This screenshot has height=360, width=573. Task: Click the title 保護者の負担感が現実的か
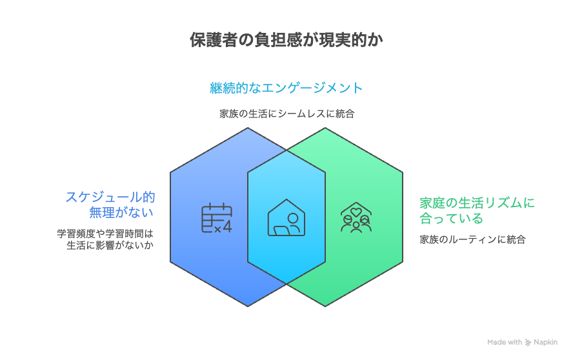click(286, 39)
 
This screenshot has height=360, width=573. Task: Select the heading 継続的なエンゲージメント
click(286, 88)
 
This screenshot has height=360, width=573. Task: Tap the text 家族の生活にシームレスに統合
click(287, 114)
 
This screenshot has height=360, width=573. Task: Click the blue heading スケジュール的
click(110, 197)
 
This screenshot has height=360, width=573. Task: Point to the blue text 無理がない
click(121, 212)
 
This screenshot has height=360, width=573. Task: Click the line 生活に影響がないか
click(110, 245)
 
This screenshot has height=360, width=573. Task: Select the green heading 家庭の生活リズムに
click(477, 203)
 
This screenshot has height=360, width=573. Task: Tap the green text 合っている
click(451, 219)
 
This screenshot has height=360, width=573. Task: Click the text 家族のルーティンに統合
click(472, 239)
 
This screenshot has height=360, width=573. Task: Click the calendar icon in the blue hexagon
click(217, 218)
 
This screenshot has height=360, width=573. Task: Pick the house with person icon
click(286, 217)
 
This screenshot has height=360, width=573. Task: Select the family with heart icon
click(356, 217)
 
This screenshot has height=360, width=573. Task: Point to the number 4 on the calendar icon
click(227, 226)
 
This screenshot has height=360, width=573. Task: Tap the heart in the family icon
click(356, 212)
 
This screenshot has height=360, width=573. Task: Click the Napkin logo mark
click(528, 343)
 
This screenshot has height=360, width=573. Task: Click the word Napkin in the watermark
click(546, 342)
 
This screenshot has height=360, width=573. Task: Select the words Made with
click(505, 342)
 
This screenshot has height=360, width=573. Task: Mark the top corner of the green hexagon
click(325, 128)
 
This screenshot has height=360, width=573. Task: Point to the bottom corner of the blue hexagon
click(248, 306)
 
